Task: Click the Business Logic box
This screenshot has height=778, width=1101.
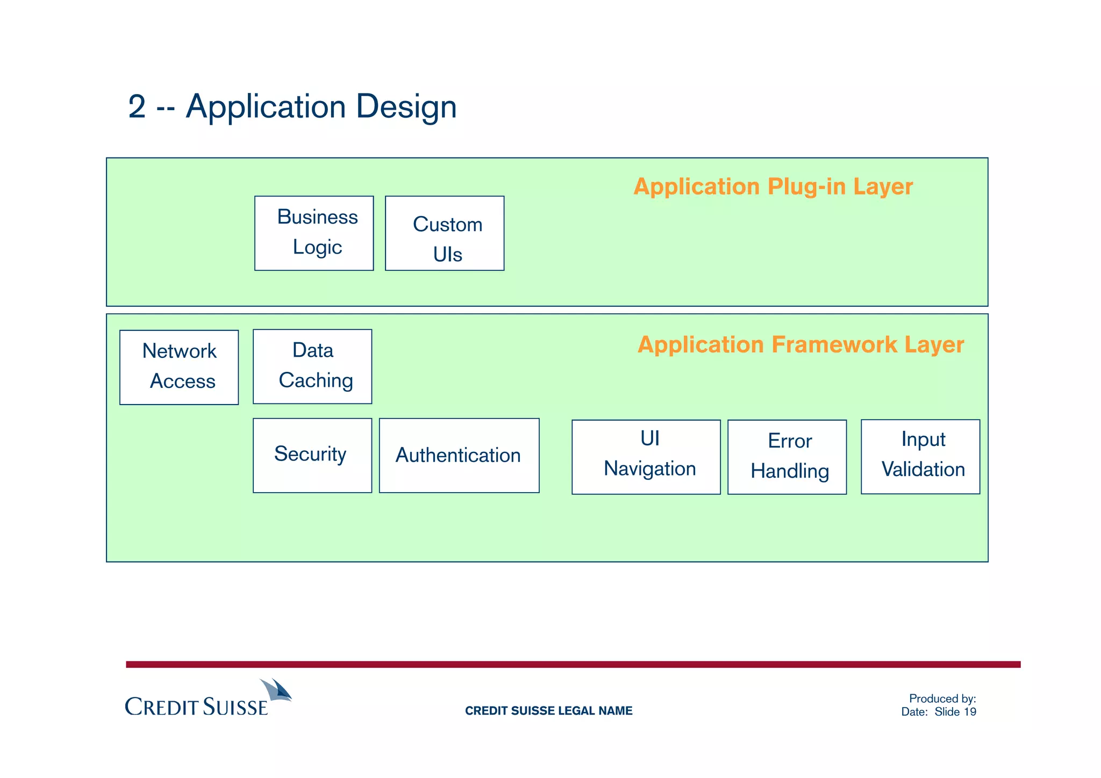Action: coord(314,233)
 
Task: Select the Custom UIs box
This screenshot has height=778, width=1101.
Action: coord(445,233)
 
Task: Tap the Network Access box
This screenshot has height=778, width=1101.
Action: coord(179,367)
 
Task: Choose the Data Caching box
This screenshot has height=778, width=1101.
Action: coord(312,366)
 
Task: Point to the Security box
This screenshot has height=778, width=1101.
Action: coord(312,455)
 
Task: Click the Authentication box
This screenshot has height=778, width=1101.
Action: coord(459,455)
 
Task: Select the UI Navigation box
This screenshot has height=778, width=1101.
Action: coord(646,457)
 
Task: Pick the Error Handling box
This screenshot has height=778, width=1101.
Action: coord(787,457)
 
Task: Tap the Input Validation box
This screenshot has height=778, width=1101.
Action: coord(920,456)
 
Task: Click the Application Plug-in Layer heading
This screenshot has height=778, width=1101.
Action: coord(773,186)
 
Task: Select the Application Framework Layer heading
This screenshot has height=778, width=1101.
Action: coord(800,344)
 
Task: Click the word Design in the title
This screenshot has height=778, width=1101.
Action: coord(406,106)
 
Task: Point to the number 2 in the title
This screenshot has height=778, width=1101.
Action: coord(137,106)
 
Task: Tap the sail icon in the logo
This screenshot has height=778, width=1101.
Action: coord(277,690)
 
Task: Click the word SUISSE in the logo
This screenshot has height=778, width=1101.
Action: coord(235,707)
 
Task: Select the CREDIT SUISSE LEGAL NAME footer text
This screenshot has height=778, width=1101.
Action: coord(548,711)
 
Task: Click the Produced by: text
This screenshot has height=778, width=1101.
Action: coord(942,698)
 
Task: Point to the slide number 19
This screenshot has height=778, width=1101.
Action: coord(970,712)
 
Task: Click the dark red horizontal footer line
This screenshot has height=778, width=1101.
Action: coord(573,665)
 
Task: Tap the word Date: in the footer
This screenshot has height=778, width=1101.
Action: coord(914,712)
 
